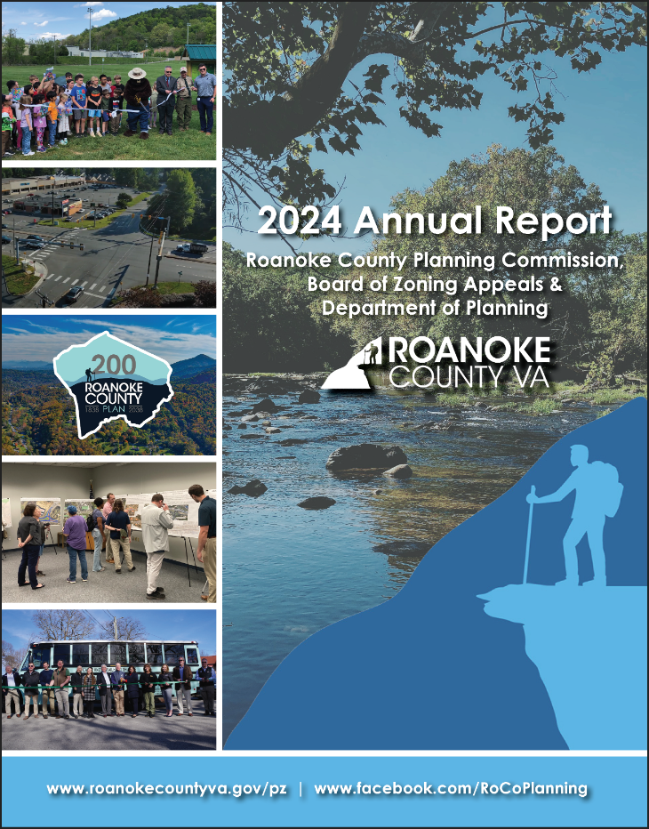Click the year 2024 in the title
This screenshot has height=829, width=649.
[299, 221]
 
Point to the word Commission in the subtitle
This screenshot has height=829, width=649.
[562, 262]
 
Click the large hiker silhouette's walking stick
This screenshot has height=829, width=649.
[530, 534]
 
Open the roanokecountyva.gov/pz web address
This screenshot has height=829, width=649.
[167, 788]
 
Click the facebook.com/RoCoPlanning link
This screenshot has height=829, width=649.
[451, 788]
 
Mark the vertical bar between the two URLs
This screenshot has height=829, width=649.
[300, 788]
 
